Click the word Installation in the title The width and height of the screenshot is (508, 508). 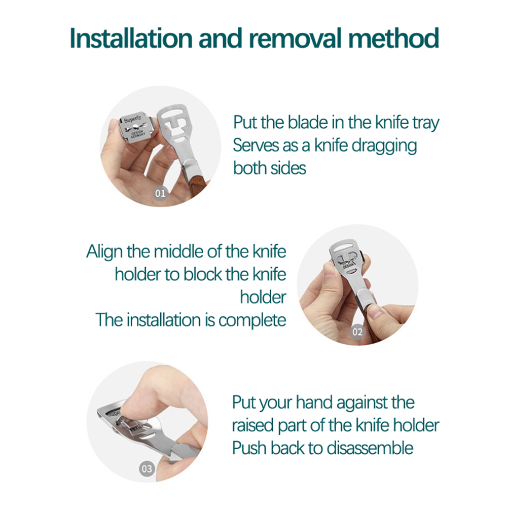click(x=131, y=38)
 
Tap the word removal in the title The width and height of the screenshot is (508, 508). click(x=296, y=38)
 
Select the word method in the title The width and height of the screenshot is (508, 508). click(x=393, y=38)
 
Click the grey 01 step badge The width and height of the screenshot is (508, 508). click(x=160, y=194)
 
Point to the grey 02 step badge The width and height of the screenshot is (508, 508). click(x=357, y=332)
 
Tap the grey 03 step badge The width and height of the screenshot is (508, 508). click(x=147, y=469)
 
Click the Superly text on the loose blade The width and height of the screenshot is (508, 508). click(x=133, y=119)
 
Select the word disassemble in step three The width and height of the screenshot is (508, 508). click(x=370, y=448)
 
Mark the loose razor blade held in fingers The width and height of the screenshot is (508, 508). click(x=136, y=127)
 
